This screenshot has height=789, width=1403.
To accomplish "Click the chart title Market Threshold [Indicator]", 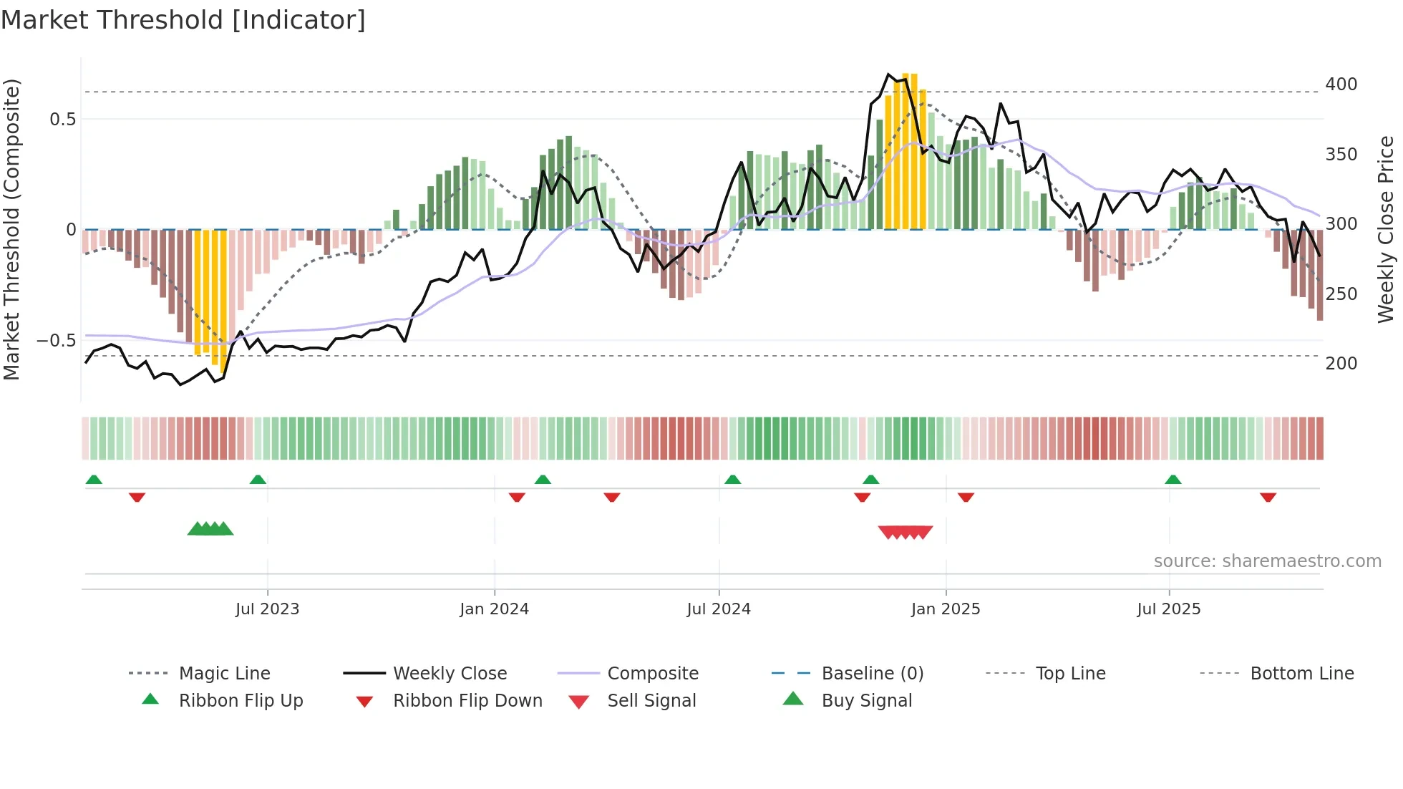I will (x=183, y=20).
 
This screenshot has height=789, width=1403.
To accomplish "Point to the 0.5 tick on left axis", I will (x=63, y=120).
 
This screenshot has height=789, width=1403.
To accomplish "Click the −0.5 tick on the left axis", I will (x=57, y=341).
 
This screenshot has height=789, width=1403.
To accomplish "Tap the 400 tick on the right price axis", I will (x=1341, y=84).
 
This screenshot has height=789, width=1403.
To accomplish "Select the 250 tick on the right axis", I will (x=1341, y=294).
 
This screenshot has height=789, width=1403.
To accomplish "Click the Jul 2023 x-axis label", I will (x=267, y=609).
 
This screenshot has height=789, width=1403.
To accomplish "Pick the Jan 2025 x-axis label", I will (x=945, y=609).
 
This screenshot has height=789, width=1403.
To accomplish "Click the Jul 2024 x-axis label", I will (x=718, y=609).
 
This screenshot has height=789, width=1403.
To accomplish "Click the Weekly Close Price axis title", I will (x=1386, y=229).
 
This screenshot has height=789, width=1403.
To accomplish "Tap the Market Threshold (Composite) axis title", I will (x=11, y=229).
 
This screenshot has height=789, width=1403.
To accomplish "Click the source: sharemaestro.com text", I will (x=1267, y=561).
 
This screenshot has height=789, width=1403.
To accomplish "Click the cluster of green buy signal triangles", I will (x=210, y=529).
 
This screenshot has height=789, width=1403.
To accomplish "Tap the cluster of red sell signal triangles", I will (x=906, y=532).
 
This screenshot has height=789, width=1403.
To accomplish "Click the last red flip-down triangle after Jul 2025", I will (x=1268, y=497).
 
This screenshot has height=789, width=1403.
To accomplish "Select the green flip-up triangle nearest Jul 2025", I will (x=1173, y=480).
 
